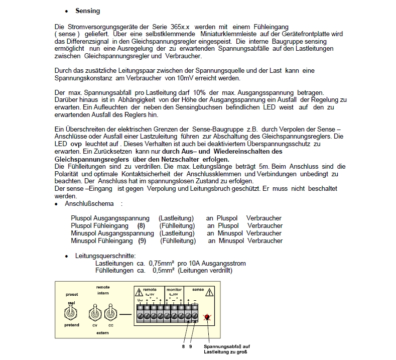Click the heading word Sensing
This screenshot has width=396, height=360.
(87, 11)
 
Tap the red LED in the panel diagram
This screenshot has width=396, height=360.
(207, 317)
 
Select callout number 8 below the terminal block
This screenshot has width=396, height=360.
(183, 346)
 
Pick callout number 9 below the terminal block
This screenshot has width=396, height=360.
(191, 346)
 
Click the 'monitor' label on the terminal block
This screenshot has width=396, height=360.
(174, 290)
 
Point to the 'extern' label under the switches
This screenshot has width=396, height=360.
(102, 332)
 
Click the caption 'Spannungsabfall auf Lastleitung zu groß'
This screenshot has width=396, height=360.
(225, 349)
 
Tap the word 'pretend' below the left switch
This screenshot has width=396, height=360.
(72, 325)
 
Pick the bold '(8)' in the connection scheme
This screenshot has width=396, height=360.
(142, 225)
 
